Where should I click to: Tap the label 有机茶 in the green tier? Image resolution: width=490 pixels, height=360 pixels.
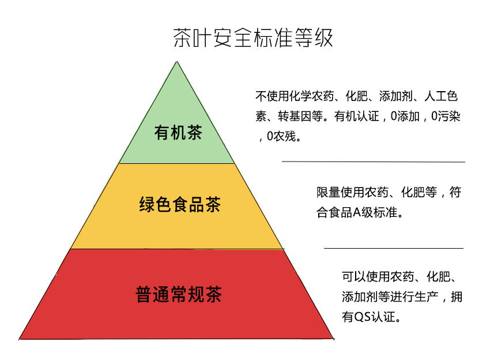point(178,133)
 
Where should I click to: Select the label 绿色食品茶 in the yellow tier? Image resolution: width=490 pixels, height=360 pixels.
point(179,205)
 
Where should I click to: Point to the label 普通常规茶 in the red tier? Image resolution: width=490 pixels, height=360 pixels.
point(179,294)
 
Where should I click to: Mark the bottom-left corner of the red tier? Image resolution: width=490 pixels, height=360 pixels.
point(20,338)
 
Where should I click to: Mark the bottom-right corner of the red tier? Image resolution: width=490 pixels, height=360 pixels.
point(333,338)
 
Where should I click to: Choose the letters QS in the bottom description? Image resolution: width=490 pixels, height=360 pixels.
point(362,317)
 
